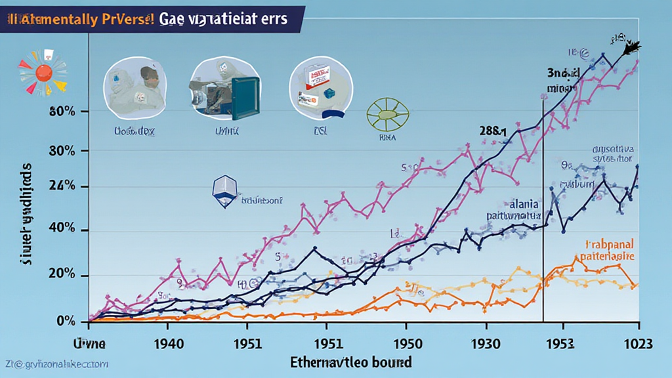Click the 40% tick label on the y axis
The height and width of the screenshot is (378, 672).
(x=63, y=230)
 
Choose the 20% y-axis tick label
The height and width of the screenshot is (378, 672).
(x=63, y=276)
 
